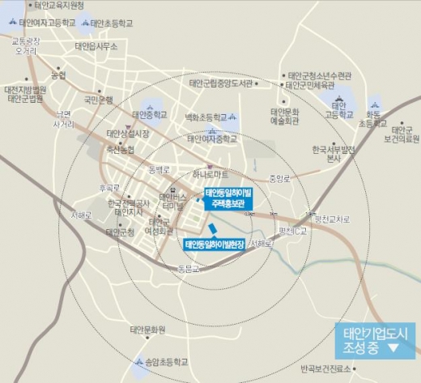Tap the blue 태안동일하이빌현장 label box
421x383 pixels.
[x=215, y=243]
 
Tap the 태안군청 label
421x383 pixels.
[x=119, y=232]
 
